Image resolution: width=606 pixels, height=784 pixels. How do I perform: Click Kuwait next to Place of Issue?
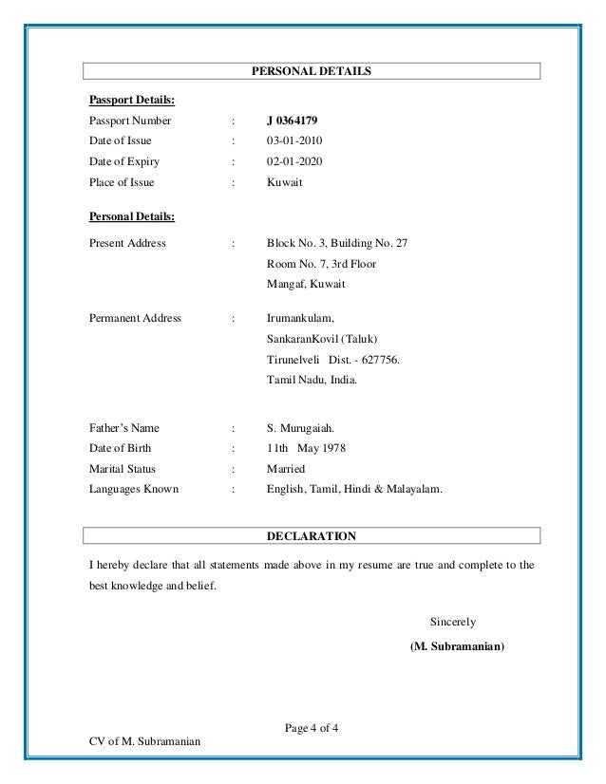pos(285,182)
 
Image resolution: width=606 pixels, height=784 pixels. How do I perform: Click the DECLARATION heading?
pos(311,536)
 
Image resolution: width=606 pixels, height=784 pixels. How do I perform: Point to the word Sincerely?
pos(453,623)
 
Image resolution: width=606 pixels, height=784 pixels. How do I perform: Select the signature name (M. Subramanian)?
pos(457,647)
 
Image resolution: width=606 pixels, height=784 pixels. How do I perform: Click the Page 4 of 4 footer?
pos(312,728)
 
